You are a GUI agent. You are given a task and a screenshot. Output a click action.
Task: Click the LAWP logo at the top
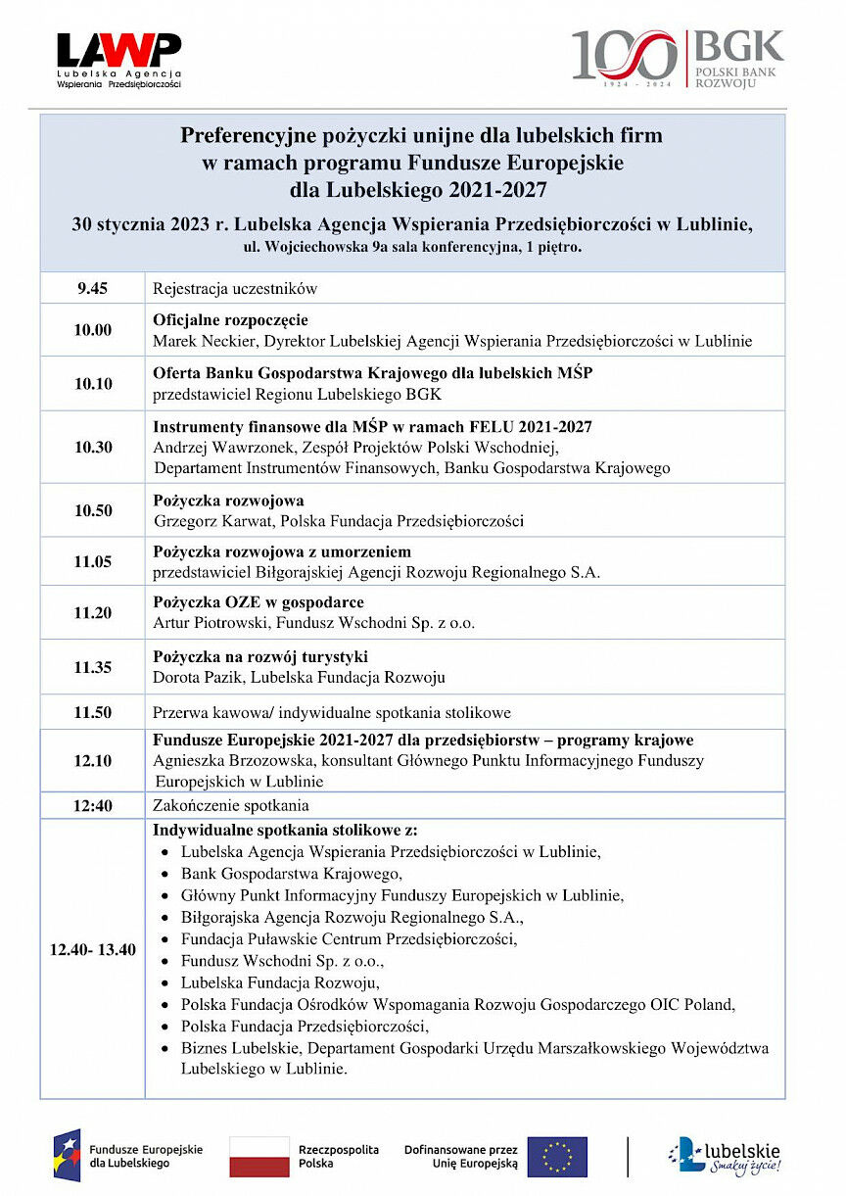tap(118, 60)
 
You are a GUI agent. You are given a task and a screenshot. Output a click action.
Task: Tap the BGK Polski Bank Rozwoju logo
tap(678, 58)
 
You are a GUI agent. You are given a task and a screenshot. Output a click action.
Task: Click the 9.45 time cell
tap(93, 288)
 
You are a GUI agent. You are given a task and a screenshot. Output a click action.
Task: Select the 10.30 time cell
tap(93, 447)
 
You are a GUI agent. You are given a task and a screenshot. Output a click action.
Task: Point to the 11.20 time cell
tap(93, 612)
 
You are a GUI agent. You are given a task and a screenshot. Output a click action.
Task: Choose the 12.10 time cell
tap(93, 760)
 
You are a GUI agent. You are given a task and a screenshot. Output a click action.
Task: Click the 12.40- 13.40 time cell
tap(93, 949)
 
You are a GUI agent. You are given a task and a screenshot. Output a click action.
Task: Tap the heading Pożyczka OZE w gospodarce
tap(258, 602)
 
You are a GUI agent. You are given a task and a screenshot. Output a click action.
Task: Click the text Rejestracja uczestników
tap(235, 289)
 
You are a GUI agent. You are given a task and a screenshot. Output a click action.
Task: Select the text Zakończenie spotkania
tap(231, 805)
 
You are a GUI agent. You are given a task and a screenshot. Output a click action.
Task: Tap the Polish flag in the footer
tap(258, 1156)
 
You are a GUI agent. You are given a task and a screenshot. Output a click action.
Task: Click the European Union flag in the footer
tap(557, 1156)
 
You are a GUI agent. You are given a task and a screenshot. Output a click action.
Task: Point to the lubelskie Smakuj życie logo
tap(725, 1156)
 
